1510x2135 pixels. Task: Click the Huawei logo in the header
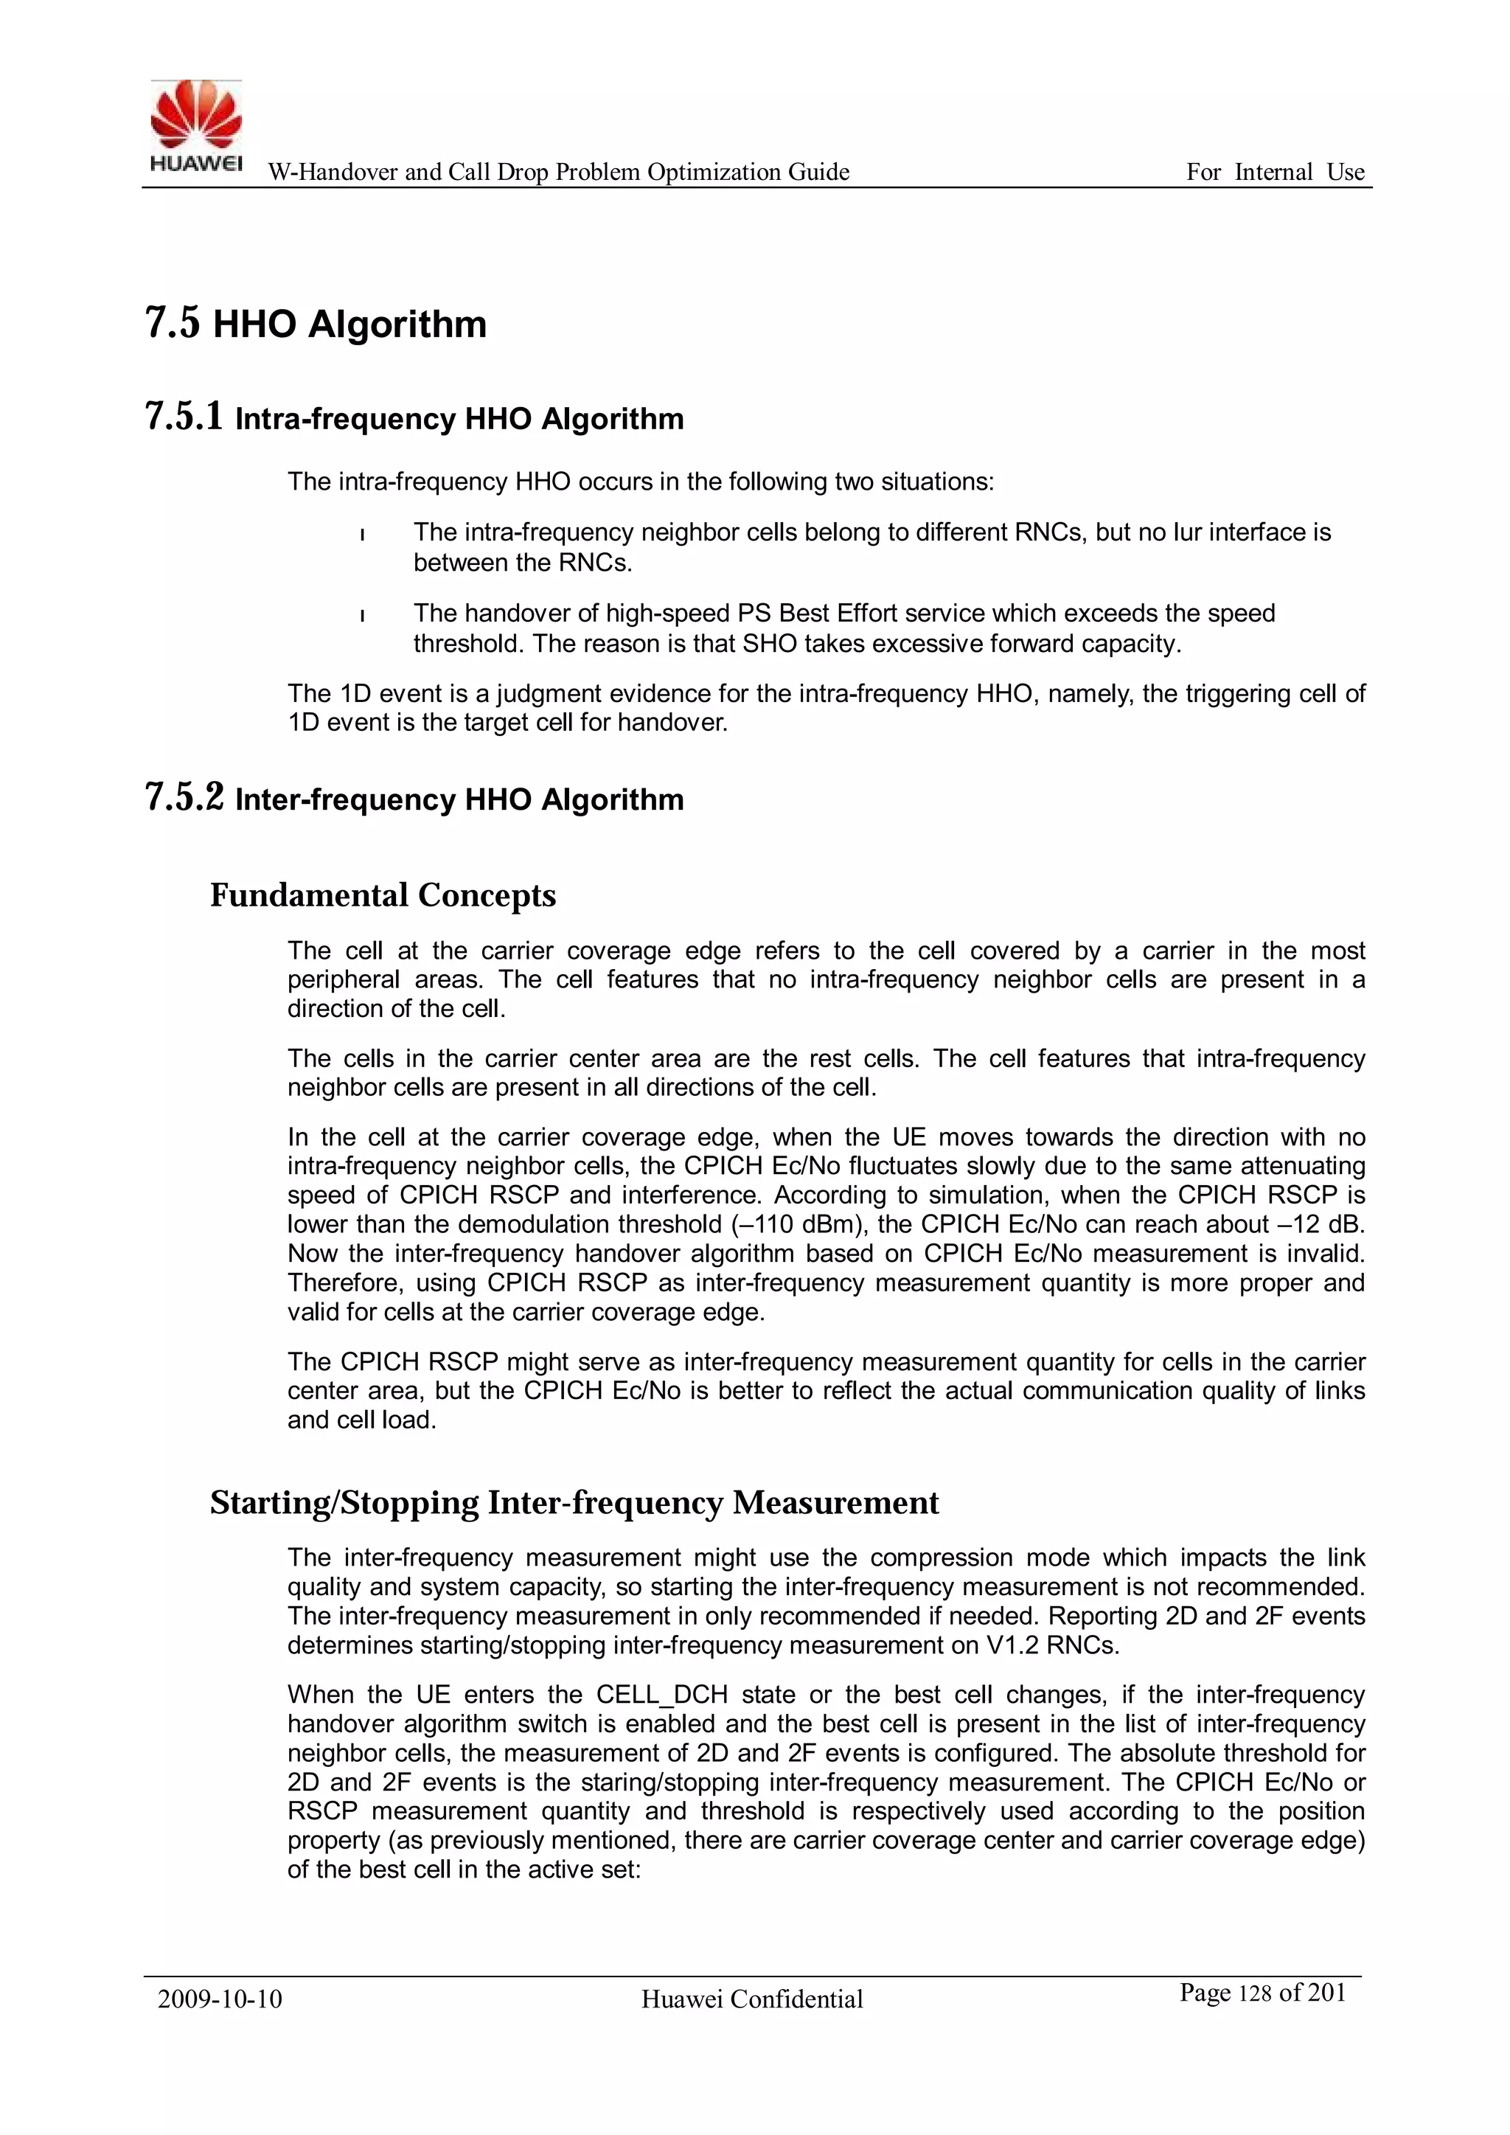coord(196,125)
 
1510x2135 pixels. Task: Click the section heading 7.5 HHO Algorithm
coord(316,324)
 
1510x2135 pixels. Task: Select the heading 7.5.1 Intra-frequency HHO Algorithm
coord(414,417)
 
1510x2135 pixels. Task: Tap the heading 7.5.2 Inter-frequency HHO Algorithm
coord(414,799)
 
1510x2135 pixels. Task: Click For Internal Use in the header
coord(1275,172)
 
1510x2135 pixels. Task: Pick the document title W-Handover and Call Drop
coord(558,172)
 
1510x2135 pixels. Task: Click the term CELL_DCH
coord(661,1694)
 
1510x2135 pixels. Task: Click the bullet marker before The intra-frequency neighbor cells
coord(362,534)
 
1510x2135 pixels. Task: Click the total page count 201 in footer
coord(1327,1992)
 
